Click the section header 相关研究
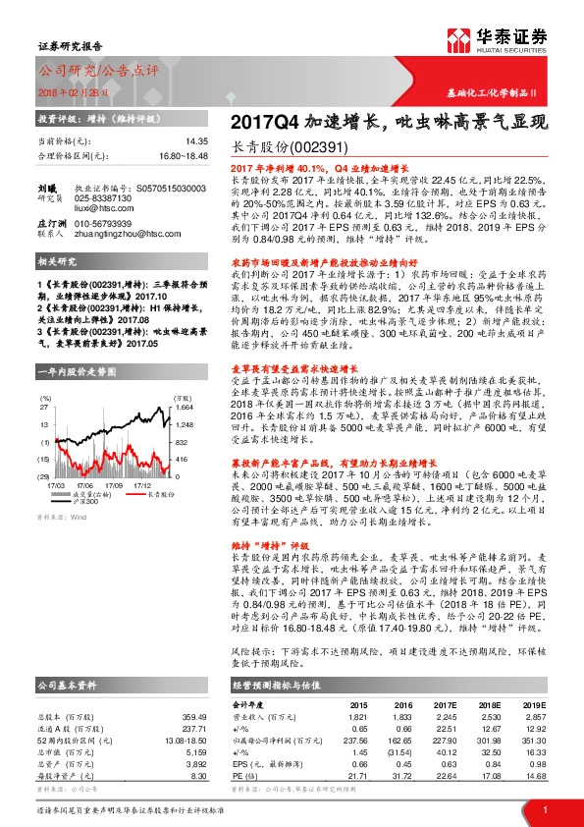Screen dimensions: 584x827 coord(57,262)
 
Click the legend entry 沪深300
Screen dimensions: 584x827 coord(86,502)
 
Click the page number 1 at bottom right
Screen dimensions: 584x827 coord(544,808)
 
